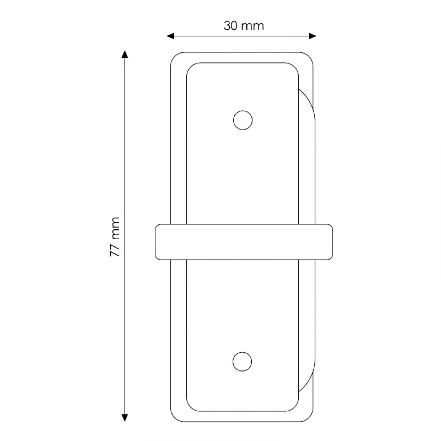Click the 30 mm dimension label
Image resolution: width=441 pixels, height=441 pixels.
tap(244, 26)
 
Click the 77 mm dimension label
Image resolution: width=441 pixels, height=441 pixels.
tap(115, 237)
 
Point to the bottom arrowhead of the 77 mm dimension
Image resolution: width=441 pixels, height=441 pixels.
tap(125, 417)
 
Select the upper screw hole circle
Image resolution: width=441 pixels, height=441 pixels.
tap(243, 120)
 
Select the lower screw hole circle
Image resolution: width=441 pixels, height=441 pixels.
tap(243, 361)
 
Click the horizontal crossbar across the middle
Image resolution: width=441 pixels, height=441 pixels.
tap(244, 242)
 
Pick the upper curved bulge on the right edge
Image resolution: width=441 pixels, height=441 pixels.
tap(307, 106)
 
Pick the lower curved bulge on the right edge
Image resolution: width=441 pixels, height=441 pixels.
tap(307, 376)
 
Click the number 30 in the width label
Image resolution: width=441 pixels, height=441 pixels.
tap(231, 26)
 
